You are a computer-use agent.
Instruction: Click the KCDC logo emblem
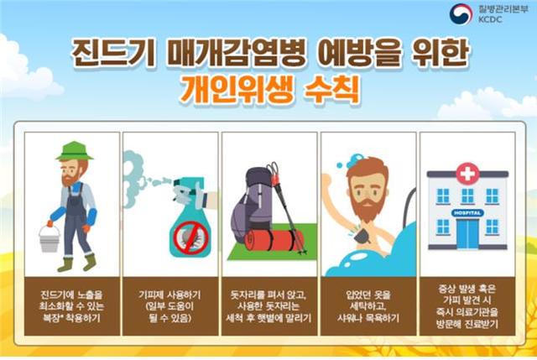(x=461, y=13)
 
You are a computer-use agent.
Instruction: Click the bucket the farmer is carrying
(x=49, y=238)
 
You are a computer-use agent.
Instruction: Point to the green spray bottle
(x=190, y=222)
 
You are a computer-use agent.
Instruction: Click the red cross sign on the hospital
(x=467, y=174)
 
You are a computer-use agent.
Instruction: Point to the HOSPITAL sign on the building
(x=467, y=213)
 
